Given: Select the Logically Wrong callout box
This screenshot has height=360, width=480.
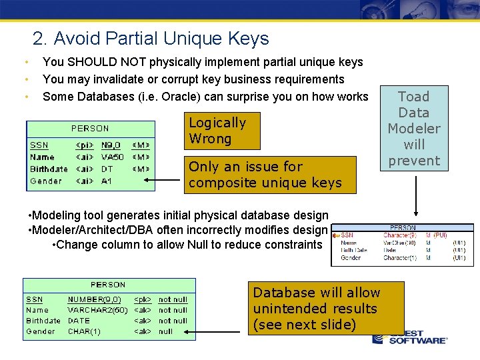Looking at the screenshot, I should coord(223,131).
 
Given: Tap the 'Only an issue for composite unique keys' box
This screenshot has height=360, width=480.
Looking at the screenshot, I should coord(270,175).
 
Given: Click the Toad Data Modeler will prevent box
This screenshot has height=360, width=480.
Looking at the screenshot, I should coord(414,129).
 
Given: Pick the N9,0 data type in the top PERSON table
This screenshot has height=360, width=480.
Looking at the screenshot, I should coord(111,145).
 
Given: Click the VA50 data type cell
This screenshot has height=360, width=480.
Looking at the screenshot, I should coord(112,157).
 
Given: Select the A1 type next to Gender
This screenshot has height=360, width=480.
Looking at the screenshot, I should coord(107,181).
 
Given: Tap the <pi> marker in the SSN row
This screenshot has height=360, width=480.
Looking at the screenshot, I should coord(84,145).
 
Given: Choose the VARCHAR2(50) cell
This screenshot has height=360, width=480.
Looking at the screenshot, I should coord(97,310).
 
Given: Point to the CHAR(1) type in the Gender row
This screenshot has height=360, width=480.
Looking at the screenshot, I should coord(84,331).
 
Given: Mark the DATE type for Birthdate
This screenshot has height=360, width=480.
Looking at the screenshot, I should coord(79,321).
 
